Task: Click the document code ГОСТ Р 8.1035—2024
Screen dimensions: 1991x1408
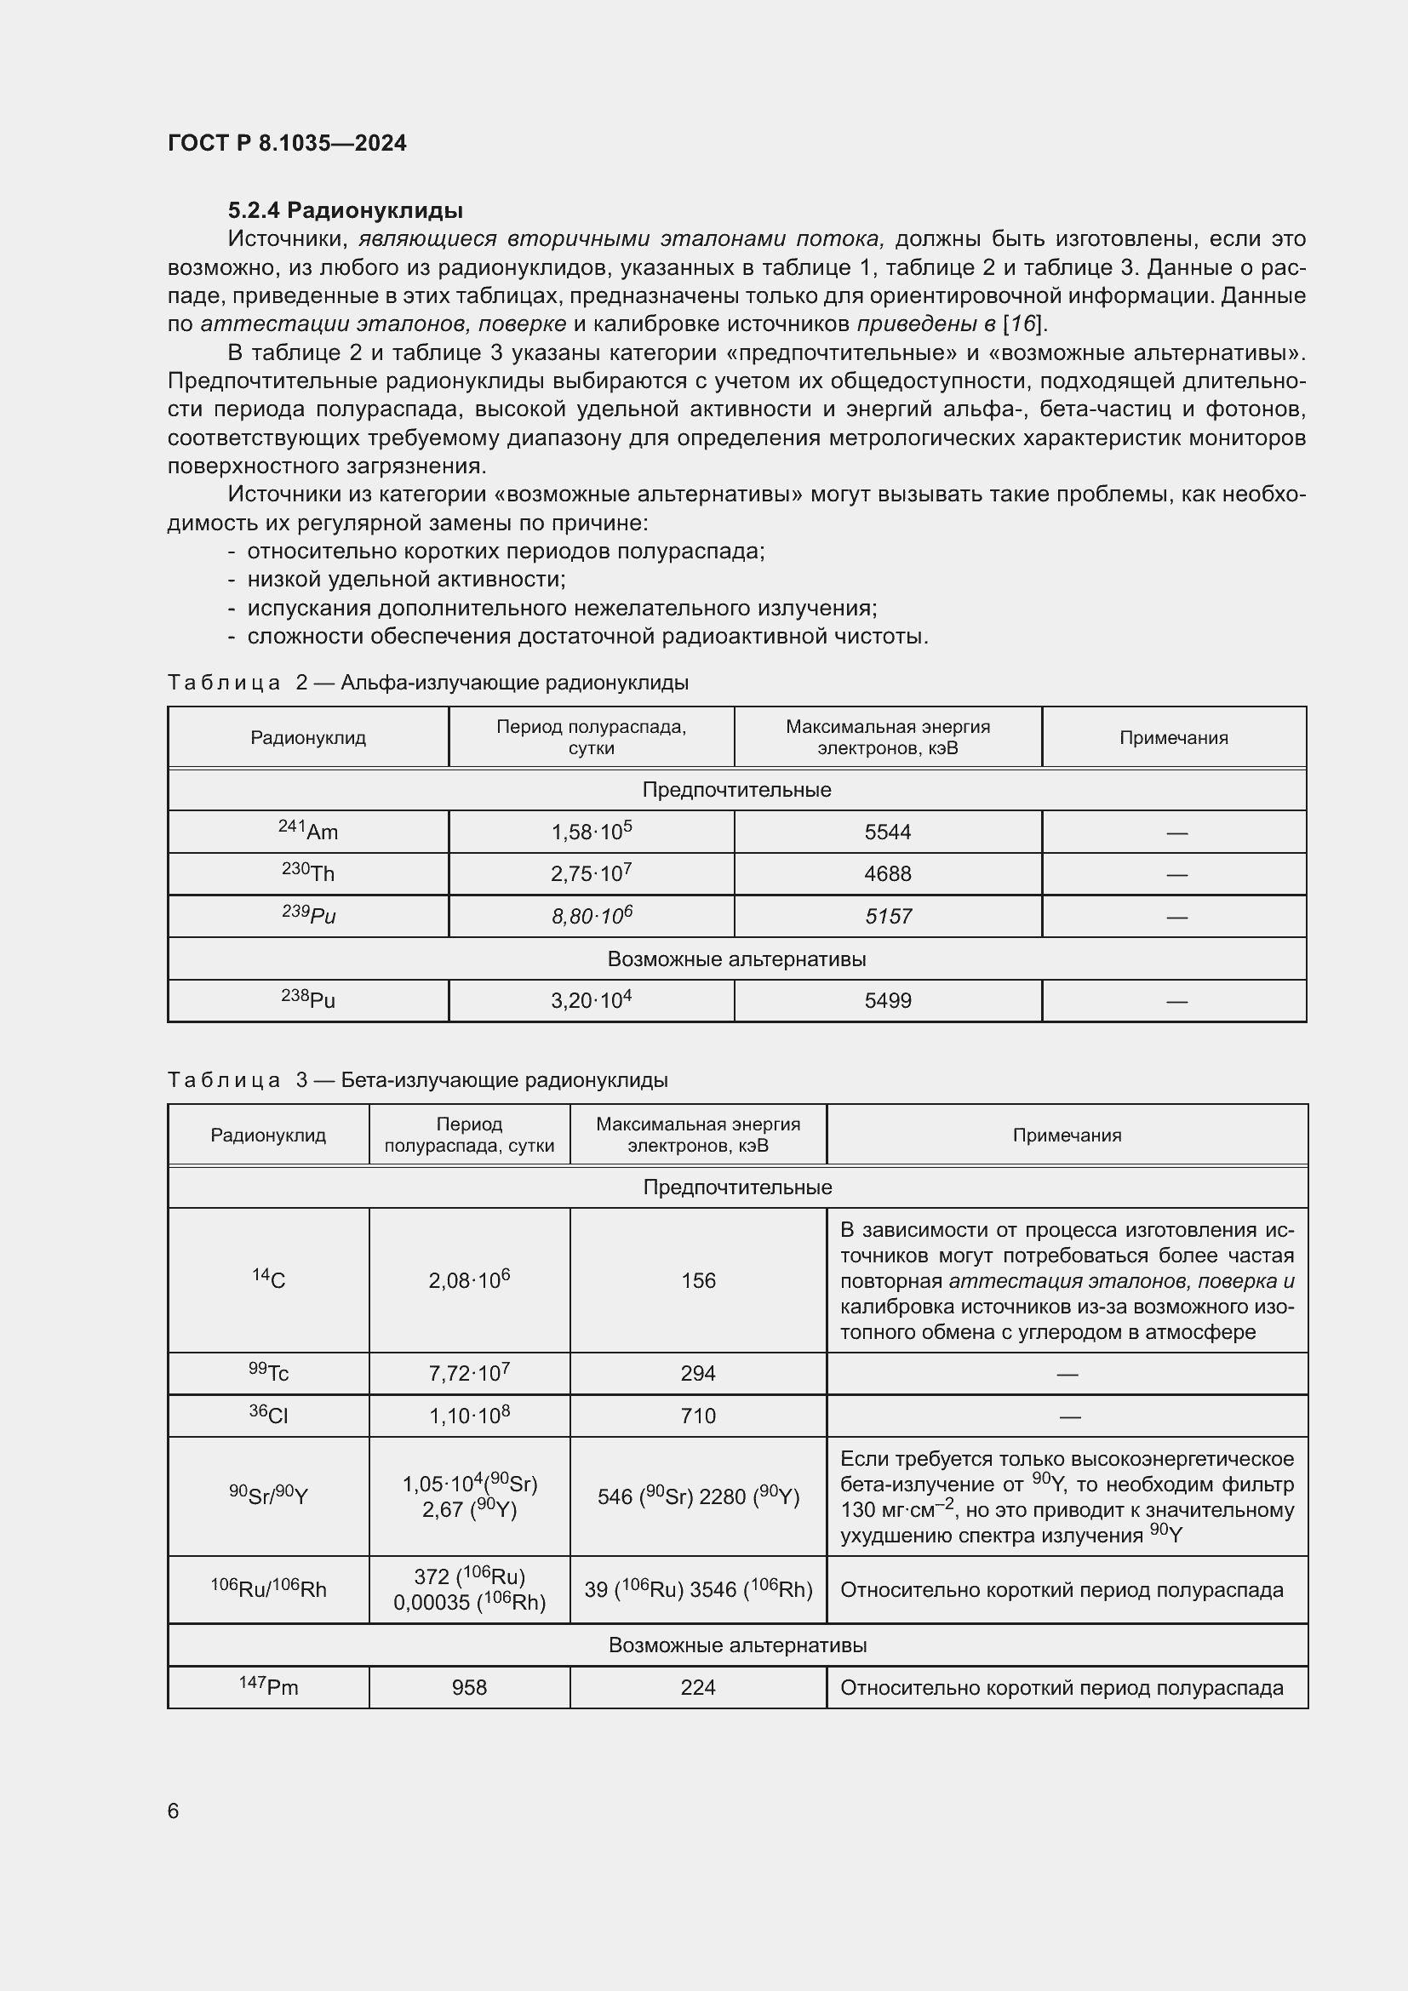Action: click(x=287, y=144)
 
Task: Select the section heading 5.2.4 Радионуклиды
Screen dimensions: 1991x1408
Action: click(x=345, y=211)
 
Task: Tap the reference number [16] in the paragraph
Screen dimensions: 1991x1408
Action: click(x=1024, y=324)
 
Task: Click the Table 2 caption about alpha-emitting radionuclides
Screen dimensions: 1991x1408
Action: click(x=427, y=684)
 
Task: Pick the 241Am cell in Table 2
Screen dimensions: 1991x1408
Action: click(x=309, y=832)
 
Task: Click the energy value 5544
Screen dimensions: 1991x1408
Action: click(x=888, y=832)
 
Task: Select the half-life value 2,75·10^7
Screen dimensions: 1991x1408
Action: click(x=592, y=874)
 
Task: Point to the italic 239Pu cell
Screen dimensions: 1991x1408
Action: click(x=309, y=916)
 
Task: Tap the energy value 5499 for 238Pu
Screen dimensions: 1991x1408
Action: click(x=888, y=1001)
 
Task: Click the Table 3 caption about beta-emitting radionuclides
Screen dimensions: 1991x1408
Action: click(x=417, y=1080)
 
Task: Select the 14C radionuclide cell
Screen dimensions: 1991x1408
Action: click(x=269, y=1280)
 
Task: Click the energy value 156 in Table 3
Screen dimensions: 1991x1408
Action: click(x=698, y=1281)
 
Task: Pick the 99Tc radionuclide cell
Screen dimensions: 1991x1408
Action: click(x=269, y=1373)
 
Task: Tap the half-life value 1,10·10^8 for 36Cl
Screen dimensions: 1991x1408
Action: click(x=469, y=1416)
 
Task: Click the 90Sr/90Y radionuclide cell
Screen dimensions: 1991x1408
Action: click(x=269, y=1496)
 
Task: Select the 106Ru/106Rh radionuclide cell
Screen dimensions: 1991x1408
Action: click(x=269, y=1588)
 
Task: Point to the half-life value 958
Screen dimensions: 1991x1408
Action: click(x=469, y=1687)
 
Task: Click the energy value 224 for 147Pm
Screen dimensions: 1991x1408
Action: click(x=698, y=1687)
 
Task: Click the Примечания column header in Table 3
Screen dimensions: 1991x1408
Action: click(x=1067, y=1136)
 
